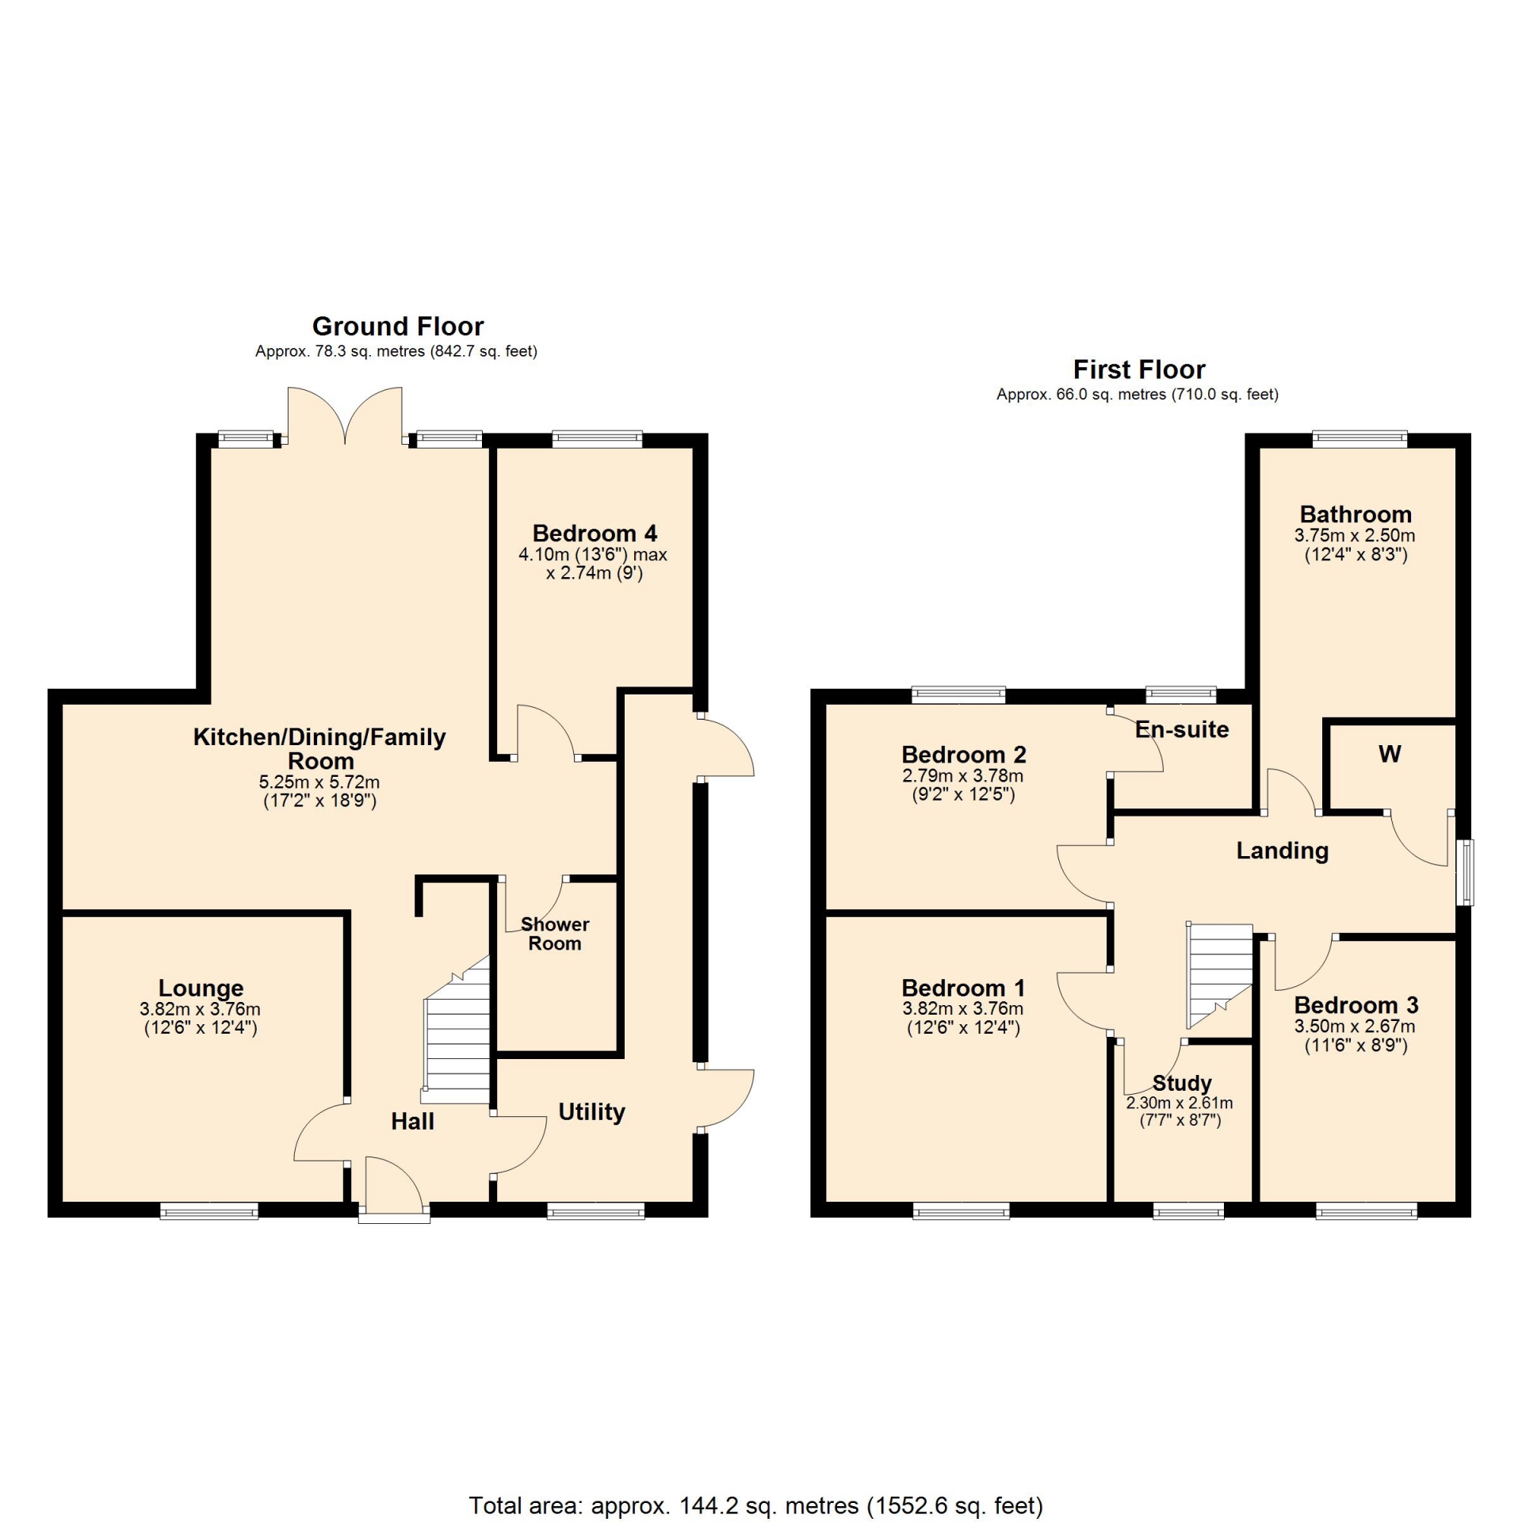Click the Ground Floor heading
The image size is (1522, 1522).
click(x=398, y=327)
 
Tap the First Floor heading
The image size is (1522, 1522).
click(x=1139, y=369)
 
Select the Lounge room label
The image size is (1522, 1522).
click(x=201, y=988)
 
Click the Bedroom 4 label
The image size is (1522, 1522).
click(x=595, y=533)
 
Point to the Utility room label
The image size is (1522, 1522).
click(x=592, y=1112)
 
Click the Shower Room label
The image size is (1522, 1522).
click(x=555, y=934)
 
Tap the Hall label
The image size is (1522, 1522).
click(x=413, y=1121)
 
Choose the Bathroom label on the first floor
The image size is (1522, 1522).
click(x=1356, y=514)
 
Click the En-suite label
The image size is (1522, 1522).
click(x=1182, y=729)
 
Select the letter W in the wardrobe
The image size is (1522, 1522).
click(x=1390, y=754)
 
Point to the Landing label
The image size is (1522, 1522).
click(x=1283, y=851)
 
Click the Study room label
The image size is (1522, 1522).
click(x=1182, y=1083)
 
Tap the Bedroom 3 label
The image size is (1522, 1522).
click(x=1356, y=1005)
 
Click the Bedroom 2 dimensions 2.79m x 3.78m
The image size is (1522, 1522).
click(x=963, y=775)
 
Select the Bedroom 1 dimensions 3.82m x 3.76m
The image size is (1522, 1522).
click(x=963, y=1008)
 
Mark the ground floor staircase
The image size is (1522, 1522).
click(x=457, y=1031)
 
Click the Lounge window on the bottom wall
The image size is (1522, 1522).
click(x=209, y=1210)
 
